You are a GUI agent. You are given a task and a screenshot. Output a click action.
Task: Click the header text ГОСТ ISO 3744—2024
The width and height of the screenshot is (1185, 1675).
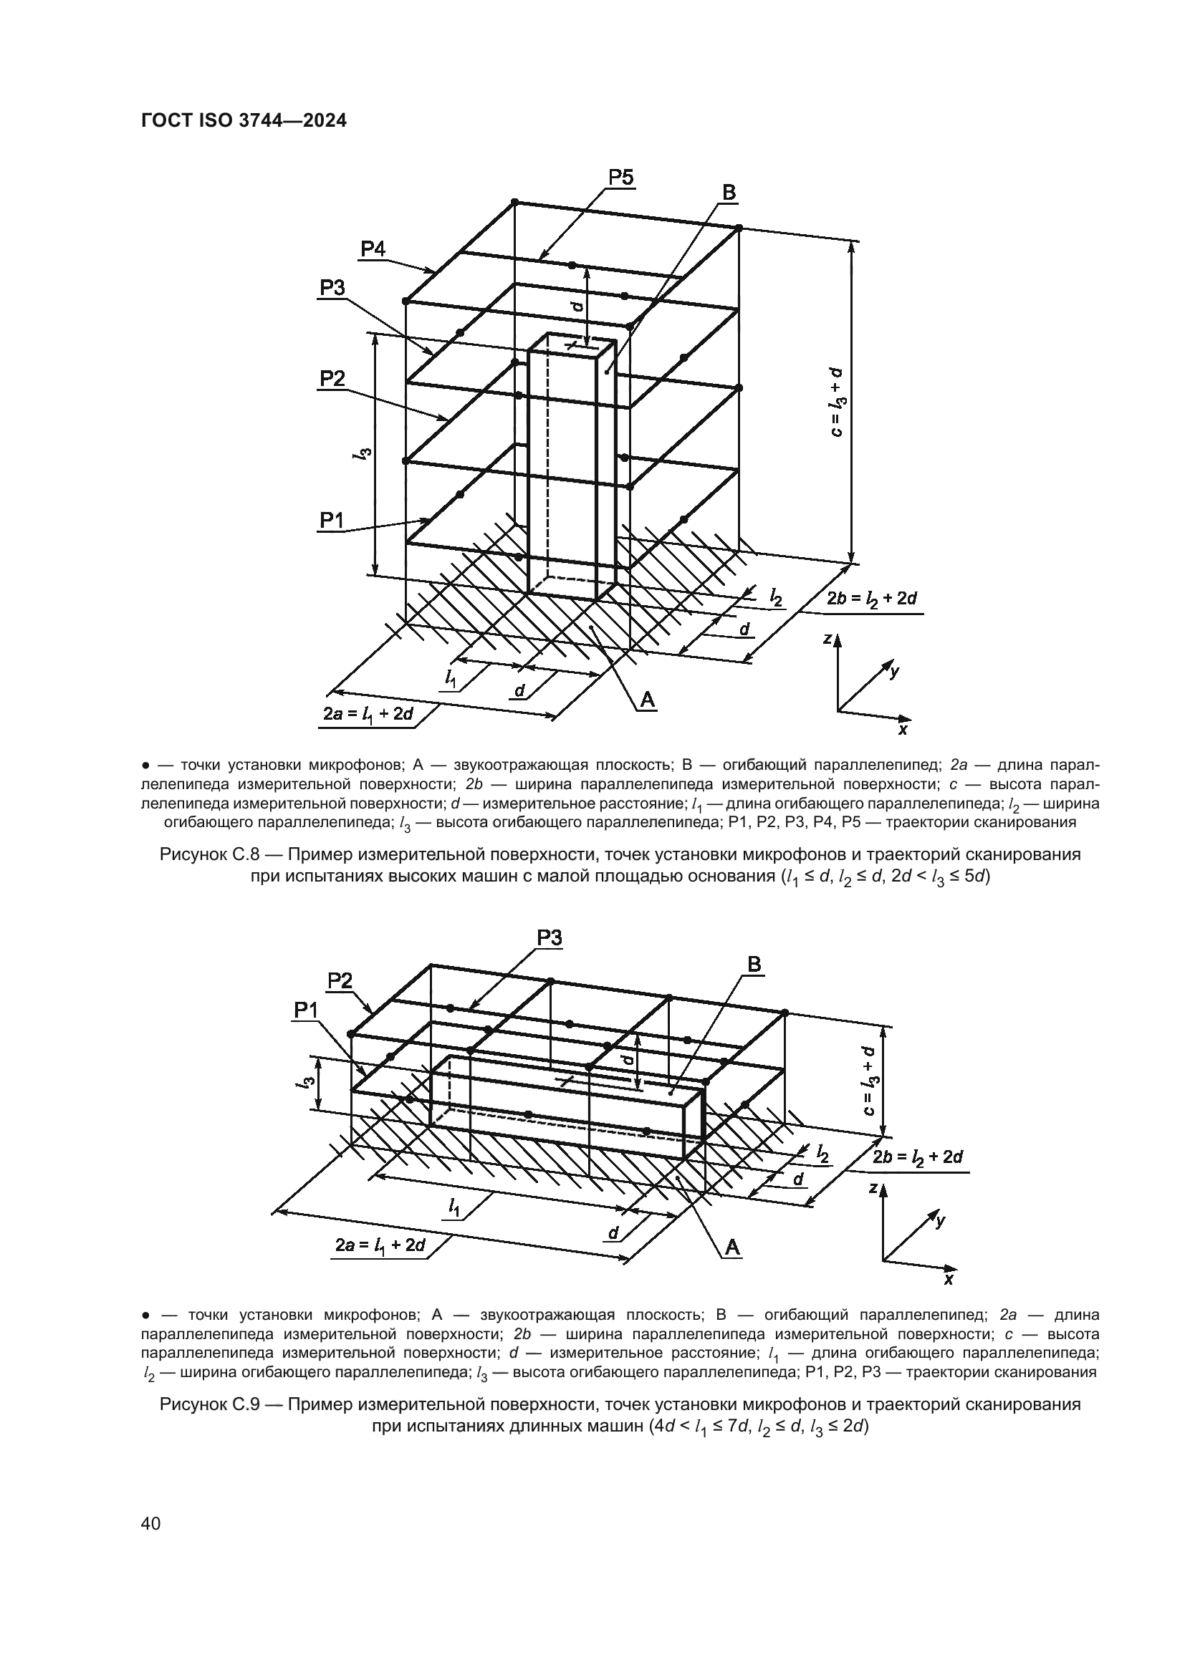pos(243,120)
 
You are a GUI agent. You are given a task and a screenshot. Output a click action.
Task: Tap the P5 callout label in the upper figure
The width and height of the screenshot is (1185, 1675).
pos(621,178)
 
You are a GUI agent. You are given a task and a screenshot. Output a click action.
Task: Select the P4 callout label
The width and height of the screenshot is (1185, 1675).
pos(373,248)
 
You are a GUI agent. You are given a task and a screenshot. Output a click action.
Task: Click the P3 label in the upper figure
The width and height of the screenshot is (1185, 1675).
pos(332,288)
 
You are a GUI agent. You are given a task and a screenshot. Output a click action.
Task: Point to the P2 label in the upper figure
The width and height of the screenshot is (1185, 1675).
pos(332,379)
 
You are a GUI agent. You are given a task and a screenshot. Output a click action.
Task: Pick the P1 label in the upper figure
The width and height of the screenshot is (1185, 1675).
pos(332,520)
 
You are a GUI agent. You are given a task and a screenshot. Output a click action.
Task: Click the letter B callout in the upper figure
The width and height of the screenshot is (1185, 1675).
pos(728,193)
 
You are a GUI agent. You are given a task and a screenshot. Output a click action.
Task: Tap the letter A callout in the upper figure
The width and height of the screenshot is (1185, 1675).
pos(647,700)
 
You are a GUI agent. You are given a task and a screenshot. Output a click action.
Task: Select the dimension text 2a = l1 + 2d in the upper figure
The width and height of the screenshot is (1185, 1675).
pos(368,713)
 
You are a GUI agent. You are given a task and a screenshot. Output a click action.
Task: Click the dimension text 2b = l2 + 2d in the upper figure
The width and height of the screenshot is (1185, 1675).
pos(872,599)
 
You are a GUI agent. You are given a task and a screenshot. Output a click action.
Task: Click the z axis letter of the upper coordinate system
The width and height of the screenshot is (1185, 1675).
pos(827,639)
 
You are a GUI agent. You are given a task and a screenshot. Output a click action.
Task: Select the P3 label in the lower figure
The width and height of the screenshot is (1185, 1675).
pos(550,938)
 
